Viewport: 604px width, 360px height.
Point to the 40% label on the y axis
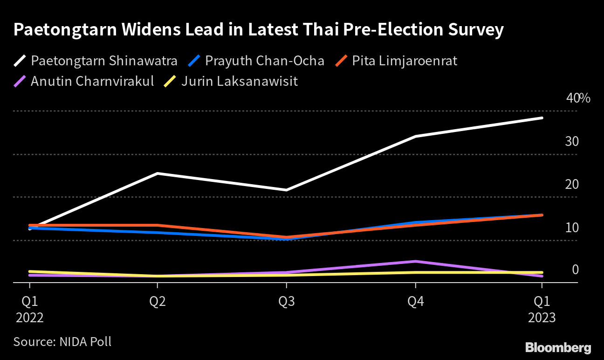pyautogui.click(x=578, y=98)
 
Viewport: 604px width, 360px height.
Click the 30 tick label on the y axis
pyautogui.click(x=572, y=141)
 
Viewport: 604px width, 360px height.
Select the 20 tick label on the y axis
pyautogui.click(x=572, y=185)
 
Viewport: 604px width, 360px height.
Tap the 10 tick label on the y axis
pyautogui.click(x=572, y=228)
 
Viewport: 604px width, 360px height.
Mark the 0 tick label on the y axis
pyautogui.click(x=575, y=270)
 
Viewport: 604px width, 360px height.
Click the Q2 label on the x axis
pyautogui.click(x=158, y=302)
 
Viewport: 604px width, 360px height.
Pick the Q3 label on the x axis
pyautogui.click(x=287, y=302)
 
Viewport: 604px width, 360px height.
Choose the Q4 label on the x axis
pyautogui.click(x=416, y=302)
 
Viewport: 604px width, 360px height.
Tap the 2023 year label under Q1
pyautogui.click(x=542, y=318)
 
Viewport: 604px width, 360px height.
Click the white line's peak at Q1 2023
pyautogui.click(x=542, y=118)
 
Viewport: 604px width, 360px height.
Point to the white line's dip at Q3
pyautogui.click(x=287, y=190)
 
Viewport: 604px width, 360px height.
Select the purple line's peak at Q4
pyautogui.click(x=415, y=261)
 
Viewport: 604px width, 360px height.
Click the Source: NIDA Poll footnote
pyautogui.click(x=62, y=341)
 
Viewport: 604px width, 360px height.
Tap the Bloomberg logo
pyautogui.click(x=558, y=347)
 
